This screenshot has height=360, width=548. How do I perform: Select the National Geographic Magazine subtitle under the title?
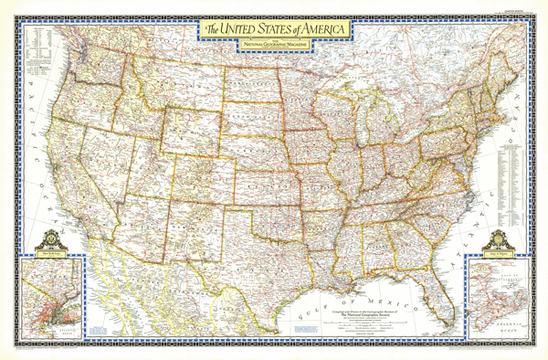pos(274,43)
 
